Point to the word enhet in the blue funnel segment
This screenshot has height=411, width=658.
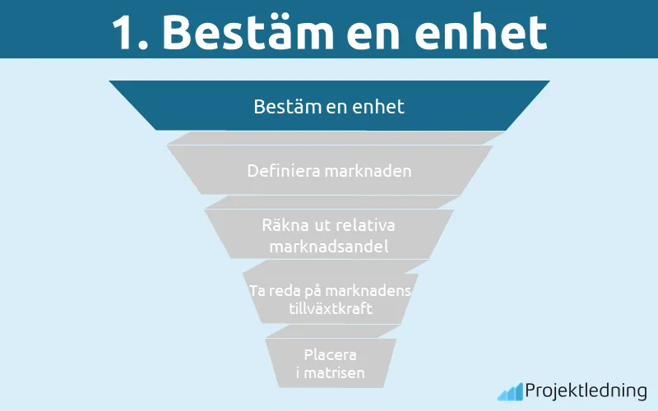tap(379, 106)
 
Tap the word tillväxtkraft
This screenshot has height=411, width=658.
tap(329, 309)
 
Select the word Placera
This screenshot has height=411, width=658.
tap(329, 355)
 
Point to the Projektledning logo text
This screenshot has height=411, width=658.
tap(586, 390)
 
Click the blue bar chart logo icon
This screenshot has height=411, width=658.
tap(509, 391)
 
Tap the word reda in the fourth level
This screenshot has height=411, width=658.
tap(285, 291)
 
